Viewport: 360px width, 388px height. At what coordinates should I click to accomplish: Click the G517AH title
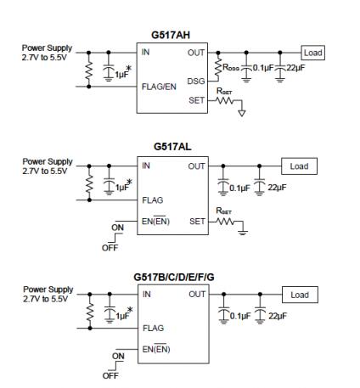pyautogui.click(x=171, y=35)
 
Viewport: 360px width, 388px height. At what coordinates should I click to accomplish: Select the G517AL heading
pyautogui.click(x=172, y=147)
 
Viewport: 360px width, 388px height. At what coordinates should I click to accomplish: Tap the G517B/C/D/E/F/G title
pyautogui.click(x=174, y=277)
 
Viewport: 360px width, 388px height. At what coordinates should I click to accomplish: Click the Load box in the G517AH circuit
pyautogui.click(x=312, y=53)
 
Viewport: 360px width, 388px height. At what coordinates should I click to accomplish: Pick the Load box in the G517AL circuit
pyautogui.click(x=299, y=166)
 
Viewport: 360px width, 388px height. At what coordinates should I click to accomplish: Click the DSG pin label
pyautogui.click(x=196, y=82)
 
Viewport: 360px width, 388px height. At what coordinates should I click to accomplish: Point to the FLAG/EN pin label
pyautogui.click(x=159, y=87)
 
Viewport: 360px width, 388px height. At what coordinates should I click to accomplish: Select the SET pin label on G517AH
pyautogui.click(x=196, y=100)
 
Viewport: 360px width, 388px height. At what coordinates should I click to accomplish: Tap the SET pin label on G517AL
pyautogui.click(x=197, y=222)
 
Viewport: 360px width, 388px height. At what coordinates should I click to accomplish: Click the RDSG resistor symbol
pyautogui.click(x=217, y=67)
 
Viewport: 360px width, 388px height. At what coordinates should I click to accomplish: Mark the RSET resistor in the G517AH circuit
pyautogui.click(x=224, y=100)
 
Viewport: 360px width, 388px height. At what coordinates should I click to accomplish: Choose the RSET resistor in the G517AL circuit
pyautogui.click(x=225, y=222)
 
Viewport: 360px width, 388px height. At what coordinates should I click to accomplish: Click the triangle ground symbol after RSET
pyautogui.click(x=241, y=113)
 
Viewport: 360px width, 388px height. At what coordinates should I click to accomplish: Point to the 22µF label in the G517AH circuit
pyautogui.click(x=295, y=68)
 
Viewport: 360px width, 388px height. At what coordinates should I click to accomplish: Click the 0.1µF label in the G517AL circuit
pyautogui.click(x=239, y=188)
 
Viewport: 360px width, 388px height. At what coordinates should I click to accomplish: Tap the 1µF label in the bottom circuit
pyautogui.click(x=122, y=316)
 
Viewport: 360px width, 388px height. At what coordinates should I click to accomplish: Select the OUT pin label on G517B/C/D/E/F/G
pyautogui.click(x=197, y=295)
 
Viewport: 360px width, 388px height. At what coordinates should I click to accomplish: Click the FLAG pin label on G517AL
pyautogui.click(x=153, y=200)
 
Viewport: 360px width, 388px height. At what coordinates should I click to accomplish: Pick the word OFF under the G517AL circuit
pyautogui.click(x=110, y=248)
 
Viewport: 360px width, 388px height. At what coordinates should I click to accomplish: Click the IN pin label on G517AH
pyautogui.click(x=145, y=52)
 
